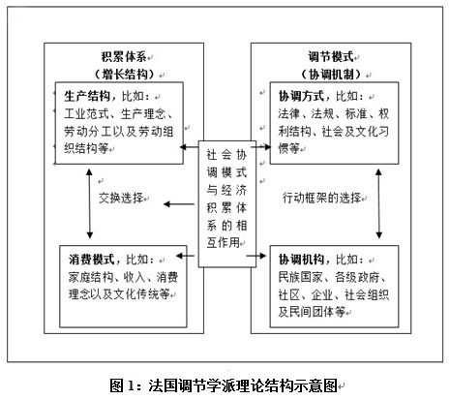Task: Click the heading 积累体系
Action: (x=124, y=57)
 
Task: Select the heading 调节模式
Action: (x=331, y=57)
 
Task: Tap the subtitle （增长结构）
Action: (x=125, y=75)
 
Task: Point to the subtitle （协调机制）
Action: (x=331, y=75)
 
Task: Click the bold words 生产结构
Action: (x=87, y=96)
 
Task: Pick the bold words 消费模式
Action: (x=92, y=260)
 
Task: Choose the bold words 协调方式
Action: (x=301, y=96)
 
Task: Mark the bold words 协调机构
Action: (x=301, y=260)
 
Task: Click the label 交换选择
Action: (x=121, y=198)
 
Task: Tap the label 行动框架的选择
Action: (x=321, y=198)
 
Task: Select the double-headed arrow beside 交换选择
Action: (x=90, y=203)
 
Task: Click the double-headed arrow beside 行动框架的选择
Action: (x=379, y=203)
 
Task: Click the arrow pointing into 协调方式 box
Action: (x=261, y=147)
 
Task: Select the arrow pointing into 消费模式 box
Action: (x=185, y=256)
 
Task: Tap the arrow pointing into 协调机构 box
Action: (x=256, y=256)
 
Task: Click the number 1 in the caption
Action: (x=131, y=385)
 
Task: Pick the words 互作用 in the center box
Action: (x=223, y=243)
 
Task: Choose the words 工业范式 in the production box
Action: (x=87, y=114)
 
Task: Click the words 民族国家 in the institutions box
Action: (x=301, y=277)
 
